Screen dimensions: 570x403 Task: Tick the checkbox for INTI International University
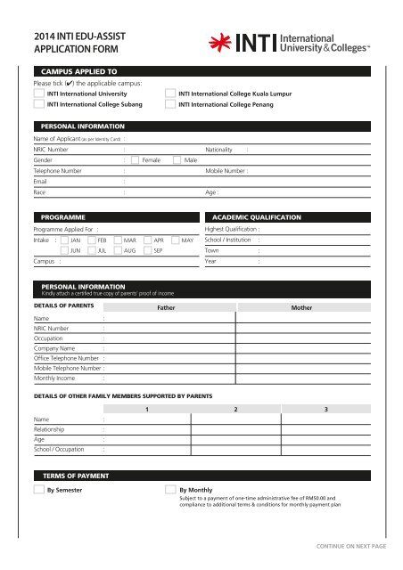[38, 92]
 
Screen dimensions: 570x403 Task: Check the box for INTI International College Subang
[38, 104]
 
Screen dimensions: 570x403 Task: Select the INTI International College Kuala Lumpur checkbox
[171, 92]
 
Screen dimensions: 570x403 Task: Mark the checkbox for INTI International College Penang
[171, 104]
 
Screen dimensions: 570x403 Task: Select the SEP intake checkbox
[146, 252]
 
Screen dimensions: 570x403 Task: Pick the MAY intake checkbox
[174, 240]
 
